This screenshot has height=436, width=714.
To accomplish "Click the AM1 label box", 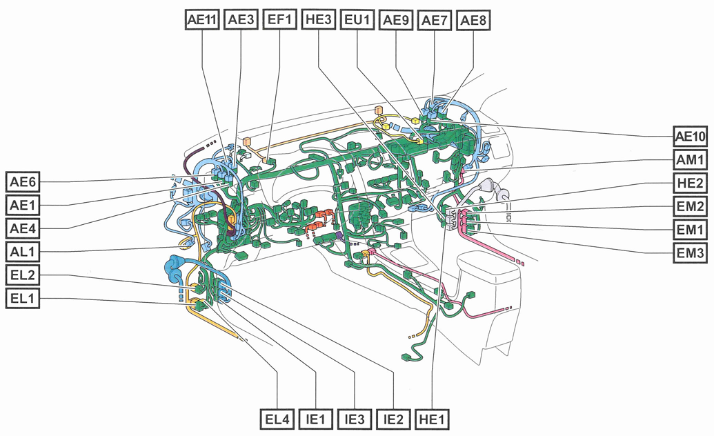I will coord(691,160).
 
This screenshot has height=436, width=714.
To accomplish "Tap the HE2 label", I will coord(691,183).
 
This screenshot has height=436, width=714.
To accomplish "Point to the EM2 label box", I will coord(691,206).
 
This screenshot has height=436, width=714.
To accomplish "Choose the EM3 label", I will coord(691,253).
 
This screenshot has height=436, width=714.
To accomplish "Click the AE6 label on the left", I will coord(23,182).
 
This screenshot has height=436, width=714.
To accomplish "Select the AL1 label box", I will coord(23,251).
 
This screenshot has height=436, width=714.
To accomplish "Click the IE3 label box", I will coord(355,418).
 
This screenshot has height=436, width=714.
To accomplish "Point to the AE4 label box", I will coord(23,228).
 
